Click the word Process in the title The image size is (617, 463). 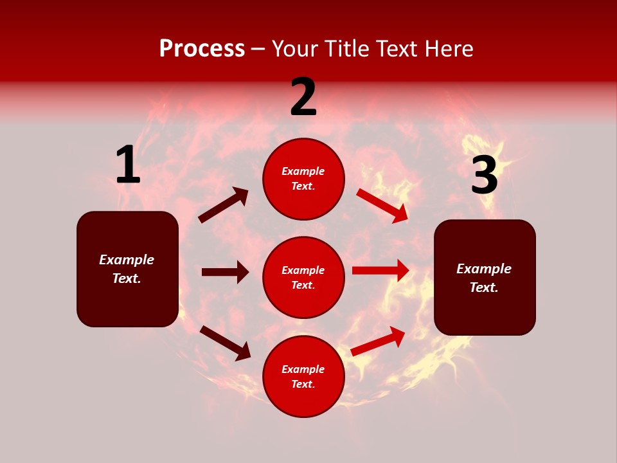202,49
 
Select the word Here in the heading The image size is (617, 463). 447,49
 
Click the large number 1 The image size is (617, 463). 128,165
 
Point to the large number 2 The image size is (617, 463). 303,97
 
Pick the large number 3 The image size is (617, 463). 485,176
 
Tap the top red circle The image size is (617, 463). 303,179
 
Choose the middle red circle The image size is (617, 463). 303,278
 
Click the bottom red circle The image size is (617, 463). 303,377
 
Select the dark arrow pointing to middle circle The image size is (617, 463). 225,272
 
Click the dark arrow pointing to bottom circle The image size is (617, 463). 225,343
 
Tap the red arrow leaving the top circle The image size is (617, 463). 382,205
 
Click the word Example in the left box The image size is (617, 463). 127,260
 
